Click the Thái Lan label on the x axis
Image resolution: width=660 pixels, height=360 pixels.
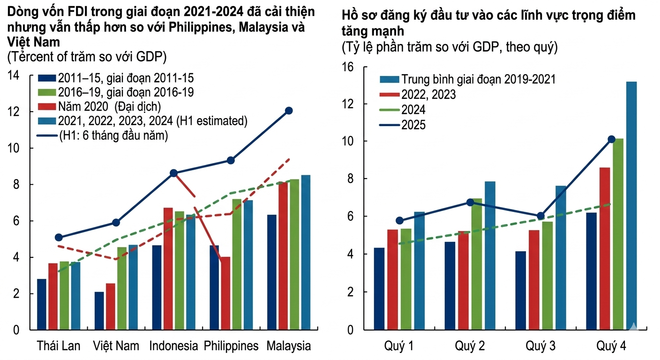pyautogui.click(x=59, y=346)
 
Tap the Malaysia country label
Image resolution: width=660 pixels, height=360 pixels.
pyautogui.click(x=288, y=346)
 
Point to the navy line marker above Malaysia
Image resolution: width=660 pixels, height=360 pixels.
pyautogui.click(x=289, y=111)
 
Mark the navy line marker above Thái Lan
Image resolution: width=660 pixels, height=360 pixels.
pyautogui.click(x=59, y=238)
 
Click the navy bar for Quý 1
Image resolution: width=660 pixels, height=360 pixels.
pyautogui.click(x=379, y=289)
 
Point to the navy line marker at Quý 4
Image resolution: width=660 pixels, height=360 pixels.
pyautogui.click(x=611, y=139)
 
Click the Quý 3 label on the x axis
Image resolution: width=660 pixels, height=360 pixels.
pyautogui.click(x=540, y=346)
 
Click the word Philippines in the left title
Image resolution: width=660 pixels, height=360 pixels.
pyautogui.click(x=204, y=27)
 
